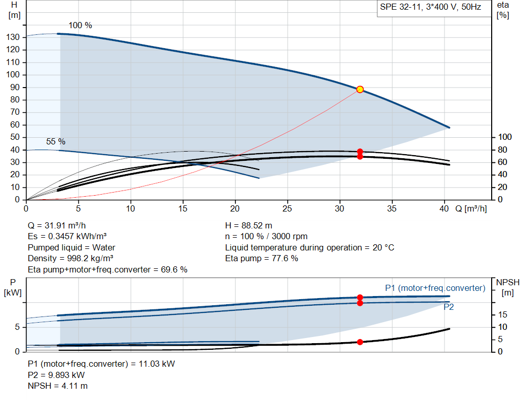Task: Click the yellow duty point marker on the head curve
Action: pos(360,89)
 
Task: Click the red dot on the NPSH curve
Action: pos(360,342)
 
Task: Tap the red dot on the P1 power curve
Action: pos(360,298)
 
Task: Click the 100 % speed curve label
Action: pos(80,26)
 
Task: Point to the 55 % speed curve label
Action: pos(55,141)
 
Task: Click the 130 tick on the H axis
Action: pos(13,37)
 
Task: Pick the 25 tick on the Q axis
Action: pos(287,208)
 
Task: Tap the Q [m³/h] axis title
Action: pos(471,208)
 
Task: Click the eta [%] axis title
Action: pos(502,10)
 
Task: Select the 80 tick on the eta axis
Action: pos(502,150)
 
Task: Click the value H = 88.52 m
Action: pos(249,225)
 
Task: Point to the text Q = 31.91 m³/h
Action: pos(56,225)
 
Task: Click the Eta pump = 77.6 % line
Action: pos(261,259)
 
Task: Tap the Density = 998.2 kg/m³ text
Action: pos(70,259)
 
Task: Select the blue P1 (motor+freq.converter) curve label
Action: pos(435,288)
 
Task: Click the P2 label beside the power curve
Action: pos(449,307)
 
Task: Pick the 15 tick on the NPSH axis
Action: pos(502,314)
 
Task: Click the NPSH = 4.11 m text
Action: pos(57,386)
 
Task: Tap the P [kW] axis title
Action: pos(13,288)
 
